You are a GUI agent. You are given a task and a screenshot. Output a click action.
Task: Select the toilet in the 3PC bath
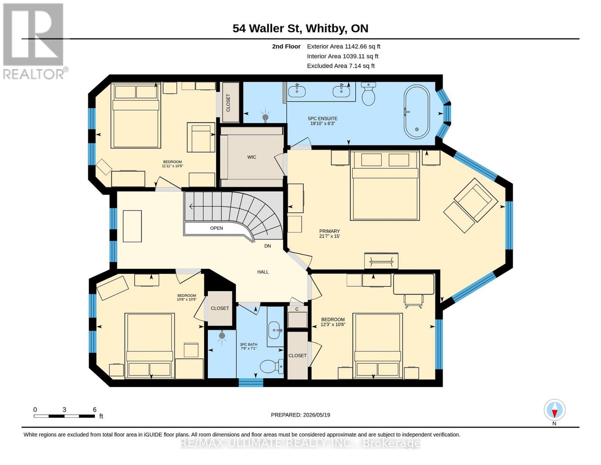pos(272,366)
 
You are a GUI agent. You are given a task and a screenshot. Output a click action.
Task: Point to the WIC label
pos(252,157)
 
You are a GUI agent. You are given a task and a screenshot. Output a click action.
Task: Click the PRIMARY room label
pos(329,231)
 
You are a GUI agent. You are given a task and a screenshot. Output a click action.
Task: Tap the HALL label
pos(263,272)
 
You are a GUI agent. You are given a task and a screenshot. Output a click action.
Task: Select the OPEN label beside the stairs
pos(216,228)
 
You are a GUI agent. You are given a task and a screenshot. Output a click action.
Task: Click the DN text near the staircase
pos(267,246)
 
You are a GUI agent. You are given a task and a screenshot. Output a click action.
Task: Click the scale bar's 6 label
pos(94,410)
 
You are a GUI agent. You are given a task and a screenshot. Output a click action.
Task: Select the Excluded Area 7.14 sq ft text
pos(341,66)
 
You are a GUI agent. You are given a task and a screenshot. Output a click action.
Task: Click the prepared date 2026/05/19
pos(317,415)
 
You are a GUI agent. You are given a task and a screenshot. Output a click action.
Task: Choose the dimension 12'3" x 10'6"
pos(333,325)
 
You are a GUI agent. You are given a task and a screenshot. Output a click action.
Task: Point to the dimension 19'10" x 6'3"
pos(322,124)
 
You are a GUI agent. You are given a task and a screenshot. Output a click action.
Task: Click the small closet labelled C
pos(297,317)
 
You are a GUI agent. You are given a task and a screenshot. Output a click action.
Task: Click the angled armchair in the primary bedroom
pos(471,205)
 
